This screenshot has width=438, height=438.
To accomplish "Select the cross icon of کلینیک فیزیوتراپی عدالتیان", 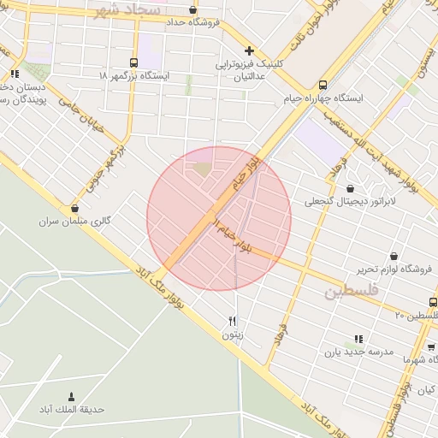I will [x=249, y=50].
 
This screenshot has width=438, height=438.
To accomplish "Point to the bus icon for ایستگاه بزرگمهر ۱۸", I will [x=133, y=62].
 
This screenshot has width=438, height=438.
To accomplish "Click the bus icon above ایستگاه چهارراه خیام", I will [x=323, y=85].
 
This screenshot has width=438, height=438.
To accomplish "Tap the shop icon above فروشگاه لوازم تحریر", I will [x=394, y=256].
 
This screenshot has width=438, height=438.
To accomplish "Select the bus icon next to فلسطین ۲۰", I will [x=431, y=301].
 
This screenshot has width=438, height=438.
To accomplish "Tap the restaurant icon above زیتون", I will [x=232, y=321].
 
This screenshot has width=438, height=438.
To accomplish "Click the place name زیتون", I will [x=233, y=334].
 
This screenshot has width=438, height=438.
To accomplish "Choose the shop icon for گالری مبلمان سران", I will [x=74, y=208].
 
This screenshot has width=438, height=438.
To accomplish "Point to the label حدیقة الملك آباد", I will [x=71, y=409].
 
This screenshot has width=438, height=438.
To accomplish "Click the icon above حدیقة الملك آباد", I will [x=70, y=395].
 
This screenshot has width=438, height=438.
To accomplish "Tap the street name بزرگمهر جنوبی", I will [x=106, y=166].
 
